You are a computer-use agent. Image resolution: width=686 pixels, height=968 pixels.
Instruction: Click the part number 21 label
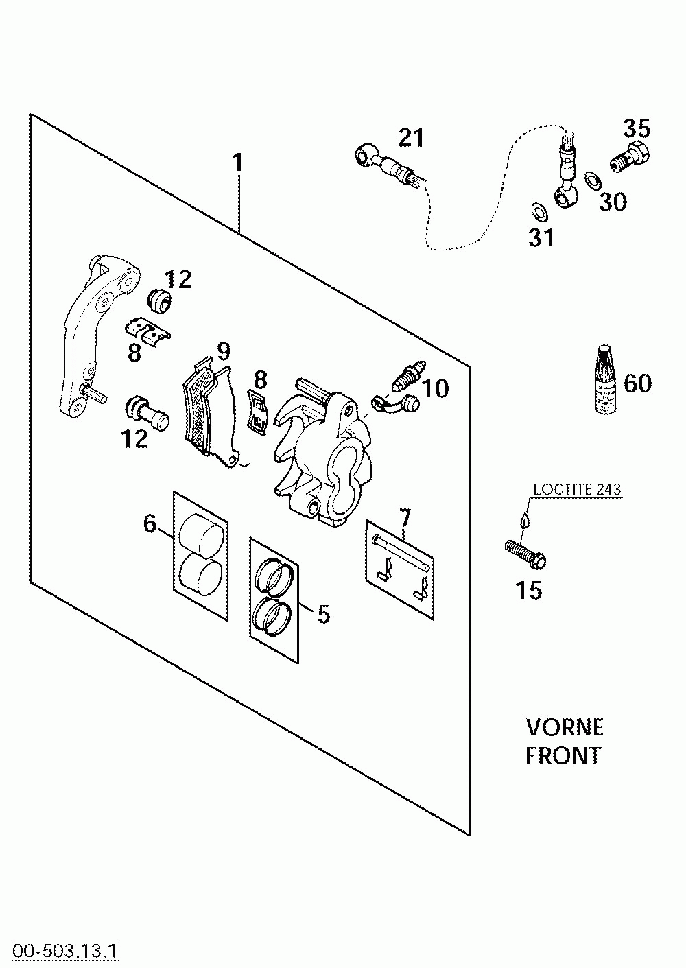[411, 138]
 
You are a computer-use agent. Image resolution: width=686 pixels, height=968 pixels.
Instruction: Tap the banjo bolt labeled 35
[630, 156]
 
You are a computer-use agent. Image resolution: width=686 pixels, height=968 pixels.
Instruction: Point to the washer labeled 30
[593, 180]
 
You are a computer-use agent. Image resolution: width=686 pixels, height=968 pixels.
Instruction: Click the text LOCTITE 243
[577, 489]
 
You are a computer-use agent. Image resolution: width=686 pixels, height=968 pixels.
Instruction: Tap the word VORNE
[565, 728]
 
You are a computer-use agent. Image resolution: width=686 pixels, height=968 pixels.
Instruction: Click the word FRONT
[563, 756]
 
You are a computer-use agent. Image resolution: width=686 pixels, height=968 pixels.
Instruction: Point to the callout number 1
[237, 163]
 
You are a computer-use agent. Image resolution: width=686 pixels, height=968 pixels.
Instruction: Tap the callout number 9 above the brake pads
[224, 352]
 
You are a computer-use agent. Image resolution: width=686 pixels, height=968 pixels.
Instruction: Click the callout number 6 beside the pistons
[150, 524]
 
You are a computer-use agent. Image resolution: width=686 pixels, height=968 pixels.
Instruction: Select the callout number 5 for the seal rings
[324, 613]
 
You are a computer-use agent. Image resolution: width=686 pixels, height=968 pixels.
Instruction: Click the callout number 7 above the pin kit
[405, 518]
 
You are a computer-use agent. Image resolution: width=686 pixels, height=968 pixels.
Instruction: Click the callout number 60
[637, 383]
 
